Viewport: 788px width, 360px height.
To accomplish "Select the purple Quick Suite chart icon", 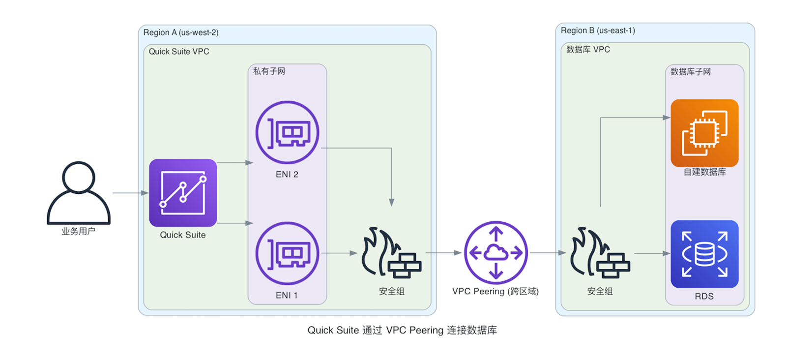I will pos(183,193).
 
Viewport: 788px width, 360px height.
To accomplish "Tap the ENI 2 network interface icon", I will pos(287,132).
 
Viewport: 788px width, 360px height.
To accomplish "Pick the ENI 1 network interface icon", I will pos(287,253).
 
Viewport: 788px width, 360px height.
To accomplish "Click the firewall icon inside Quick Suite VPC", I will pos(391,252).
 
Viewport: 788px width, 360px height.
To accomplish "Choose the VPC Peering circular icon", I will pos(496,253).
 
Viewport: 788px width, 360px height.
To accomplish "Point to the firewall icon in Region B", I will pos(600,252).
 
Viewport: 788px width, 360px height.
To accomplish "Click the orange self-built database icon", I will pos(704,133).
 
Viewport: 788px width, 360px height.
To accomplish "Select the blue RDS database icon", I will pos(704,254).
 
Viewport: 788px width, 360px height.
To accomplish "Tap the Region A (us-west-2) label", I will pos(181,32).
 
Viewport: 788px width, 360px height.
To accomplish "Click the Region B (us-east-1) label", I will pos(598,30).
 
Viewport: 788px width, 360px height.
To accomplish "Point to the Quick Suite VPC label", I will pos(179,52).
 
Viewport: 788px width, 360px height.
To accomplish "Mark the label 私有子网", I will pos(269,71).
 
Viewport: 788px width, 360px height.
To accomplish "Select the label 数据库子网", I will pos(690,72).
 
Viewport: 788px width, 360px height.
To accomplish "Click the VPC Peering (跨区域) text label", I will pos(496,291).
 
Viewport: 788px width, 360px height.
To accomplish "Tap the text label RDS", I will pos(704,296).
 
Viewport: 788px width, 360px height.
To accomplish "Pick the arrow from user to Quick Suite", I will pos(130,193).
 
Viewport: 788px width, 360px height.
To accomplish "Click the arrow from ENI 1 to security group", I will pos(339,253).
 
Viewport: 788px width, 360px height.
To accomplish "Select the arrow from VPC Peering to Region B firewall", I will pos(548,253).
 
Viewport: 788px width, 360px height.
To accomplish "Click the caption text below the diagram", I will pos(402,330).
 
